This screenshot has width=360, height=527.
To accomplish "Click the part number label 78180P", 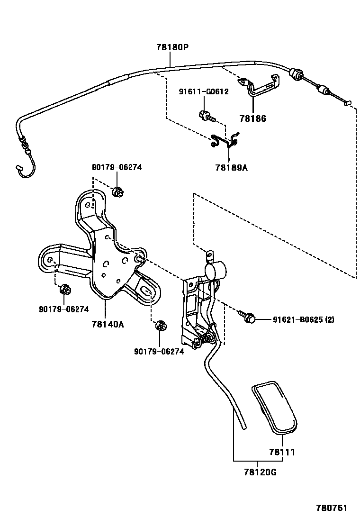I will pyautogui.click(x=172, y=47).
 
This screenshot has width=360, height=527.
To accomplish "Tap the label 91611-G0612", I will pyautogui.click(x=203, y=92).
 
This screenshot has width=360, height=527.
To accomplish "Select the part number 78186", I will pyautogui.click(x=253, y=119).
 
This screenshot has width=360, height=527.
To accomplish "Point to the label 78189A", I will pyautogui.click(x=231, y=167).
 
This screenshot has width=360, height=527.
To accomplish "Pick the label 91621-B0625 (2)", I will pyautogui.click(x=303, y=320).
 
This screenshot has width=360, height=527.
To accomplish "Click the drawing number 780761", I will pyautogui.click(x=332, y=508).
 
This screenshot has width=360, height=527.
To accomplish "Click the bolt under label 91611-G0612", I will pyautogui.click(x=206, y=115).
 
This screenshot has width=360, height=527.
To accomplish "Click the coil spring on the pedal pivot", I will pyautogui.click(x=206, y=338).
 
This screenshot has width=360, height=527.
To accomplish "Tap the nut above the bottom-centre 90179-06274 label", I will pyautogui.click(x=160, y=326).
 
